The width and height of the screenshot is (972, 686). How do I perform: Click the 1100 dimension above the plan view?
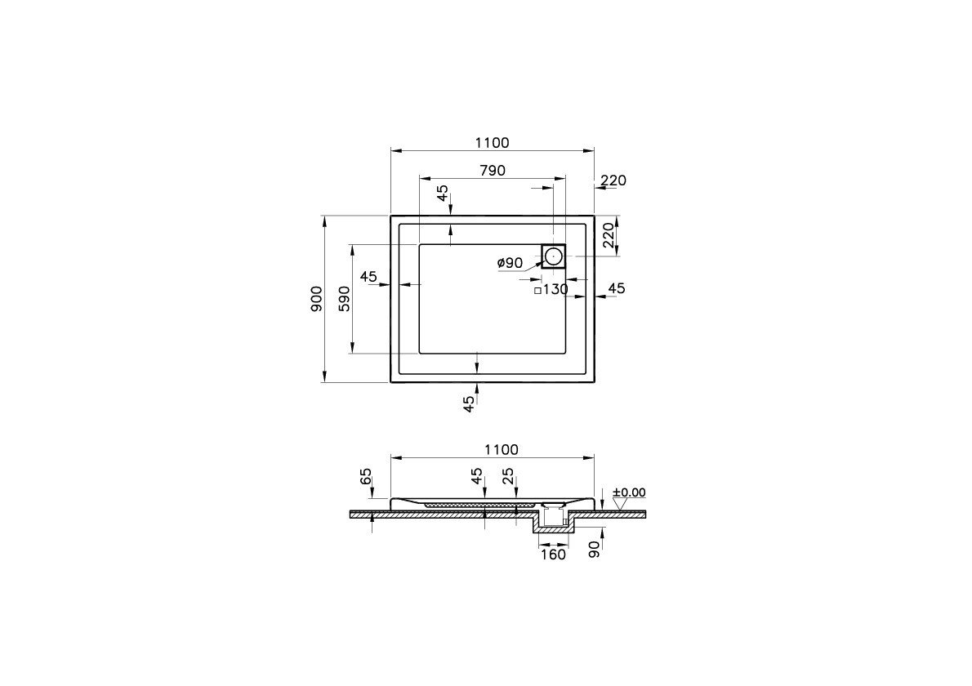click(493, 143)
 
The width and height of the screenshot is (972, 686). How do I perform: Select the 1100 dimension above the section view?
click(501, 450)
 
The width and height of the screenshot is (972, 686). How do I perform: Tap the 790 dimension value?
click(493, 171)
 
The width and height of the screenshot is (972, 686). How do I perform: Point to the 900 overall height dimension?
click(317, 299)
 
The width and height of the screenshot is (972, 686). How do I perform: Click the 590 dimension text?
click(345, 299)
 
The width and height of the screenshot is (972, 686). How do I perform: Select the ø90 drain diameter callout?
click(510, 263)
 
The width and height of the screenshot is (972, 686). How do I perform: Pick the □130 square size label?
click(551, 289)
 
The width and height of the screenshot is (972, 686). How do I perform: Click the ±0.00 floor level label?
click(629, 492)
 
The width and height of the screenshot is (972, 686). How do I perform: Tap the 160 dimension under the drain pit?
click(553, 555)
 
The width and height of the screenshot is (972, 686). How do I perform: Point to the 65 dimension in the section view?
click(365, 477)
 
